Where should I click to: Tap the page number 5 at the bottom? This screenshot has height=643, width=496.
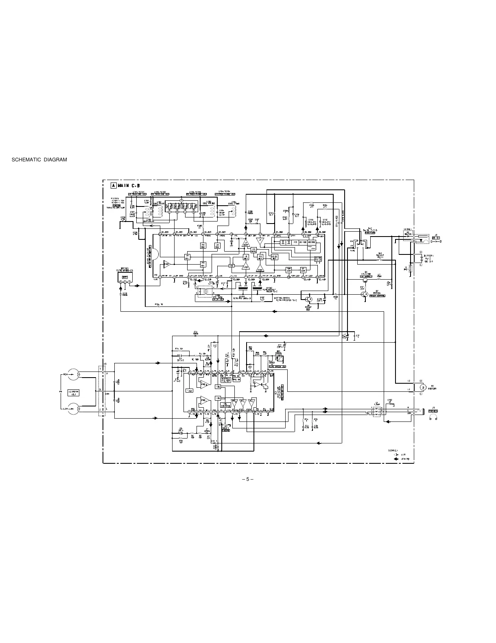point(247,478)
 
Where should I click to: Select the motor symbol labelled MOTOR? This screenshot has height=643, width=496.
point(423,387)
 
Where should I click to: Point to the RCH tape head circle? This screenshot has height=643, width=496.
point(74,374)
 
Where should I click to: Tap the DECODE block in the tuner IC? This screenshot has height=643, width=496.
point(312,242)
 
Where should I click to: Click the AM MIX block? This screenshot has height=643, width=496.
point(187,257)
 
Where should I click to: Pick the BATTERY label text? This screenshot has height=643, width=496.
point(428,256)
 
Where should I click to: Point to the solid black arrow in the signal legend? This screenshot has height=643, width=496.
point(395,459)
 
